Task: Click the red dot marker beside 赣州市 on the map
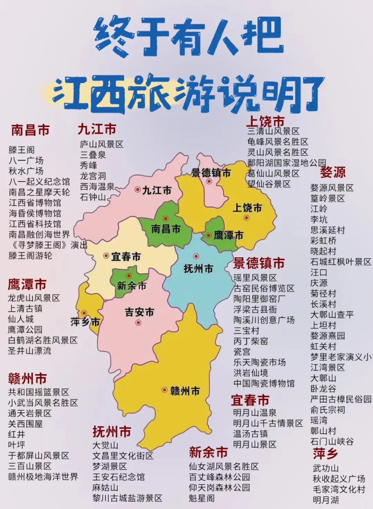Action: (x=164, y=390)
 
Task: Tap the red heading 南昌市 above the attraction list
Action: (x=30, y=130)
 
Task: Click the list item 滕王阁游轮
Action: (x=30, y=256)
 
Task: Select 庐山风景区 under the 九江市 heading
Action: (x=102, y=144)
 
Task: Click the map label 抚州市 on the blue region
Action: (x=198, y=268)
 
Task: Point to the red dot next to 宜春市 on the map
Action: (x=106, y=256)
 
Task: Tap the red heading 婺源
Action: (x=333, y=172)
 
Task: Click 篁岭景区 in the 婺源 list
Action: (x=327, y=198)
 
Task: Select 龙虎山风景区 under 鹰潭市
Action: (x=34, y=298)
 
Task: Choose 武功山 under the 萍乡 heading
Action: (x=326, y=468)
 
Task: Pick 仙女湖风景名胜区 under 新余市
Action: (x=223, y=467)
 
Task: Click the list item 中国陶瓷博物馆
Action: (x=264, y=383)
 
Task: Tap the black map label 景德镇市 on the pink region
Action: (x=211, y=173)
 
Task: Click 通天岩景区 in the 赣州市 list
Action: (x=30, y=413)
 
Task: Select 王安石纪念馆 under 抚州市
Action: (x=118, y=477)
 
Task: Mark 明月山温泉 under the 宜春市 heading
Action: (x=255, y=413)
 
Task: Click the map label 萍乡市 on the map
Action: (x=85, y=322)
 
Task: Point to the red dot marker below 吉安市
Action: (x=138, y=323)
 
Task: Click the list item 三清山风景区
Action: (x=273, y=131)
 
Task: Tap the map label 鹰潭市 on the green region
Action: (x=228, y=235)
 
